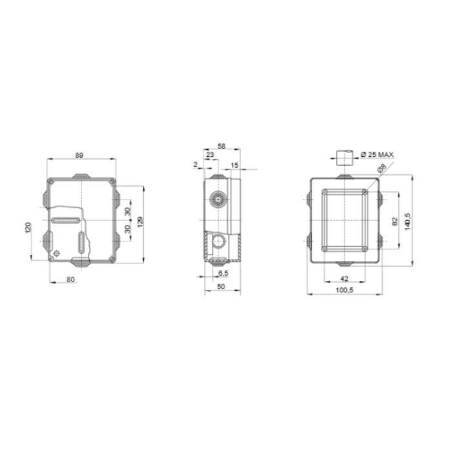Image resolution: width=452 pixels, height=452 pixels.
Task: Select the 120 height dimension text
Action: click(x=28, y=228)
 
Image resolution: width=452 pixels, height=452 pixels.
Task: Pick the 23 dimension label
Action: click(x=211, y=156)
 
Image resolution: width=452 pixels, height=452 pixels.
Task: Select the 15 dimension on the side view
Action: click(x=234, y=165)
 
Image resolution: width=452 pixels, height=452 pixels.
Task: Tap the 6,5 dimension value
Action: click(x=223, y=273)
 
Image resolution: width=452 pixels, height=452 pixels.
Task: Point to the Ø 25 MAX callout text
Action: click(x=376, y=155)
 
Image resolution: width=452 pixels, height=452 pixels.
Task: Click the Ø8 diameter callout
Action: click(x=382, y=169)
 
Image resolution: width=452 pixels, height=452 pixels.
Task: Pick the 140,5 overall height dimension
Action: click(x=407, y=221)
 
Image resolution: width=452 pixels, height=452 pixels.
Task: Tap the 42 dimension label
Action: click(x=345, y=278)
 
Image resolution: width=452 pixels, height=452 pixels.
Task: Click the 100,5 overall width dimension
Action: click(x=345, y=290)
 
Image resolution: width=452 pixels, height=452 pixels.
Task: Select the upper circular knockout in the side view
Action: click(x=218, y=200)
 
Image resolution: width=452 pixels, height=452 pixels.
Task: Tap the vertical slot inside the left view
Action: click(x=80, y=243)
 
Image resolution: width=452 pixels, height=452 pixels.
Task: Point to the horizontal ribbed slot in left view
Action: click(x=67, y=221)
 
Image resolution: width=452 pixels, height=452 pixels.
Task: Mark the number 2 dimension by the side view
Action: click(x=196, y=165)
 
